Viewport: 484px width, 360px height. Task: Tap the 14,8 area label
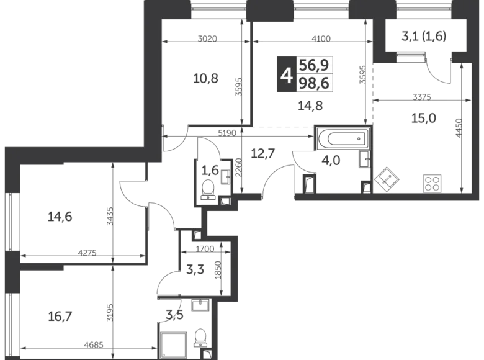pyautogui.click(x=310, y=106)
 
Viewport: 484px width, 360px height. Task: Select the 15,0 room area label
pyautogui.click(x=421, y=117)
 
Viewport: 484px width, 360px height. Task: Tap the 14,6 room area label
pyautogui.click(x=60, y=217)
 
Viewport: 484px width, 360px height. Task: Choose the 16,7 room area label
pyautogui.click(x=60, y=317)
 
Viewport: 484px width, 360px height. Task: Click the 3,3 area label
pyautogui.click(x=195, y=270)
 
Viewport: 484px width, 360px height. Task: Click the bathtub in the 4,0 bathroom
pyautogui.click(x=342, y=139)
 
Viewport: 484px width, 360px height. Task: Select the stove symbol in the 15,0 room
pyautogui.click(x=432, y=183)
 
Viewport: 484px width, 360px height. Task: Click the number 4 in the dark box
pyautogui.click(x=286, y=76)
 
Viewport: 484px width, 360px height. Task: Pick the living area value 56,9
pyautogui.click(x=316, y=64)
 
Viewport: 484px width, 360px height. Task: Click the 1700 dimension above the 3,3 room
pyautogui.click(x=202, y=250)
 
